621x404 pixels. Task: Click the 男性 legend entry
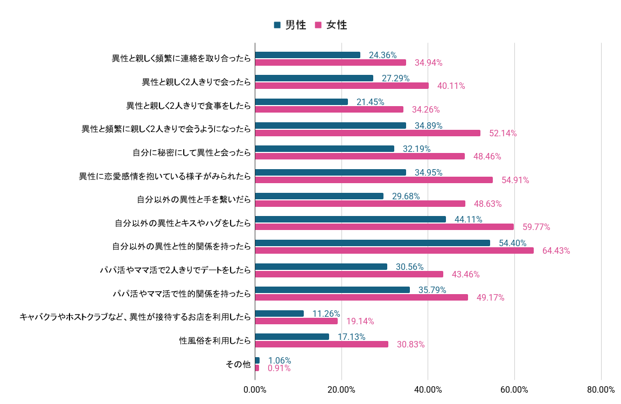click(x=290, y=25)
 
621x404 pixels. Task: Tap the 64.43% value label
click(x=556, y=250)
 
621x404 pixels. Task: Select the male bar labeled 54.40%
click(x=372, y=243)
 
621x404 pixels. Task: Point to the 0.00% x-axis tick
click(x=255, y=389)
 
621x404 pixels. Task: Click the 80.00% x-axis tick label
click(x=601, y=389)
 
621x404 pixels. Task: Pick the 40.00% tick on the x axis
click(x=428, y=389)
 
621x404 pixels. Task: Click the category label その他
click(x=238, y=364)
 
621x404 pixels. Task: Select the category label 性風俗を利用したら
click(x=215, y=340)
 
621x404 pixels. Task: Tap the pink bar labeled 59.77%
click(x=384, y=227)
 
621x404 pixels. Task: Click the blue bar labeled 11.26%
click(x=279, y=314)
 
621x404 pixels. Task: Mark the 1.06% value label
click(x=280, y=360)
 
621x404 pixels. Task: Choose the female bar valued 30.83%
click(x=322, y=344)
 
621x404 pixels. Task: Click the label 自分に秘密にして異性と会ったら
click(x=192, y=152)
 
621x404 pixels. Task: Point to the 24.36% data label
click(x=383, y=55)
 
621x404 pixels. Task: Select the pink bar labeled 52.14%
click(x=367, y=133)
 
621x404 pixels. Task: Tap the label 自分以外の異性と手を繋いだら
click(x=194, y=200)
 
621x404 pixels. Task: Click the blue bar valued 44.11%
click(x=350, y=219)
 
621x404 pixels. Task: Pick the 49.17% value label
click(x=491, y=297)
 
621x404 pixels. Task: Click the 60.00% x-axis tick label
click(x=514, y=389)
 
